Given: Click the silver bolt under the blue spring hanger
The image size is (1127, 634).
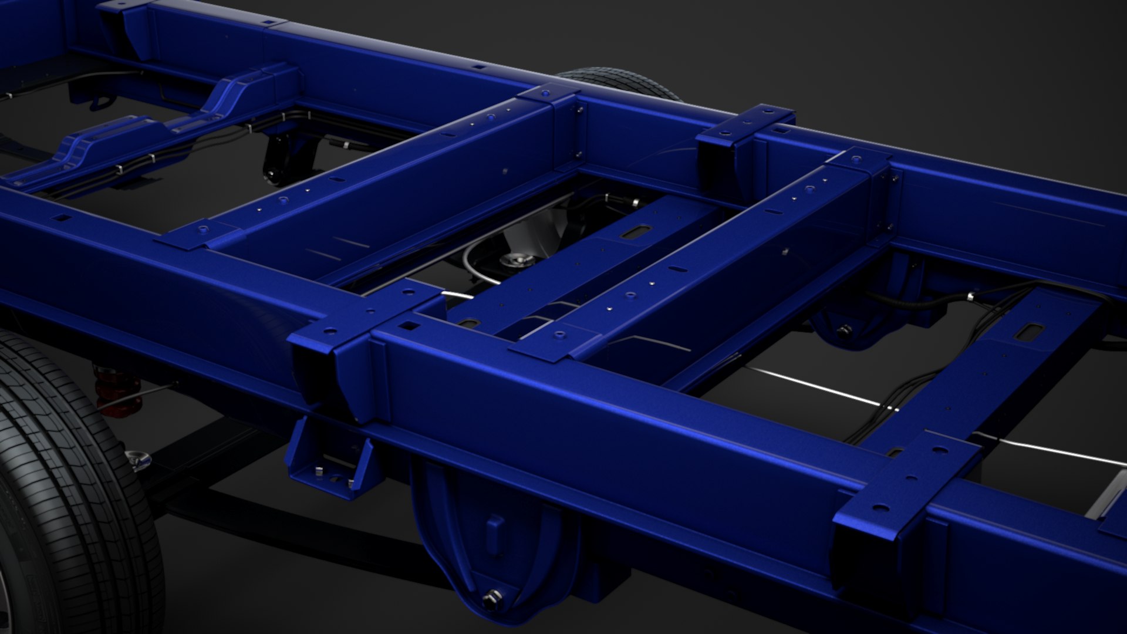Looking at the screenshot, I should click(x=491, y=599).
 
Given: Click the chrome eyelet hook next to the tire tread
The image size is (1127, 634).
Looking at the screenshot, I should click(x=139, y=460).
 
